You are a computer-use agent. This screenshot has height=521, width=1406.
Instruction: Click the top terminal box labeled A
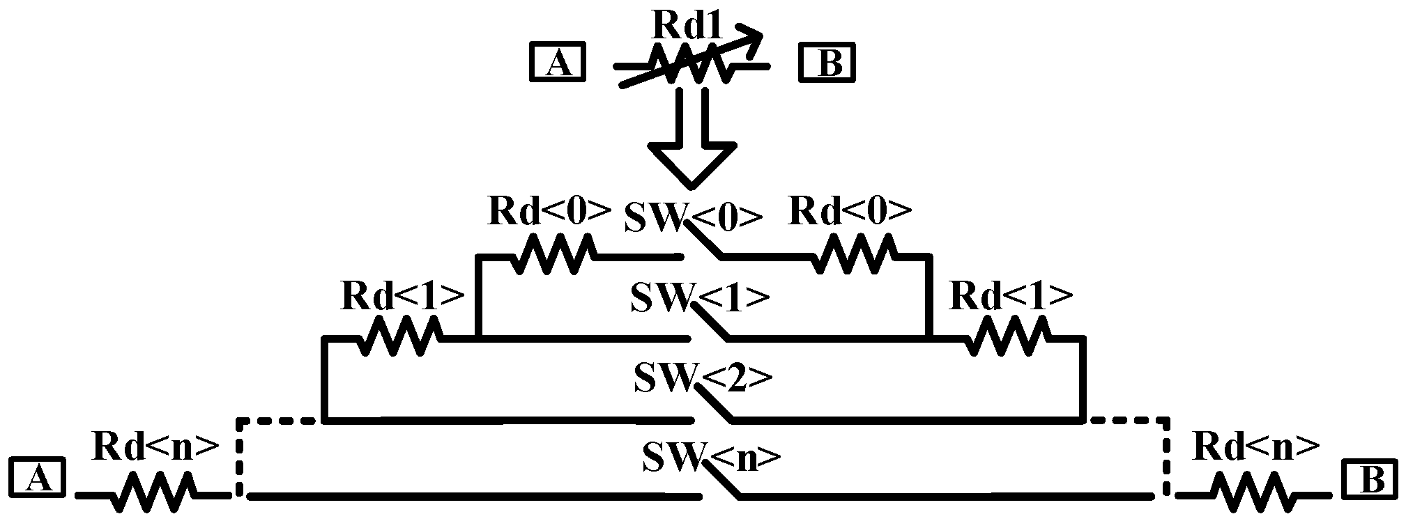click(557, 63)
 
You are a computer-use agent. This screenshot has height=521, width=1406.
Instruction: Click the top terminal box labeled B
click(827, 63)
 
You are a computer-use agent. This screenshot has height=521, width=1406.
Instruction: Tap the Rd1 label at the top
click(687, 26)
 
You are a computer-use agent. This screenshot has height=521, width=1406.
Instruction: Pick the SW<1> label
click(699, 298)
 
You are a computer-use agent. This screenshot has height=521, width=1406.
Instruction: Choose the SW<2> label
click(703, 378)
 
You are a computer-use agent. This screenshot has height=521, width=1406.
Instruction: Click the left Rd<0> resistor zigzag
click(553, 254)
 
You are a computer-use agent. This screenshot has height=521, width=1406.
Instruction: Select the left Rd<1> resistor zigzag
click(400, 336)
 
